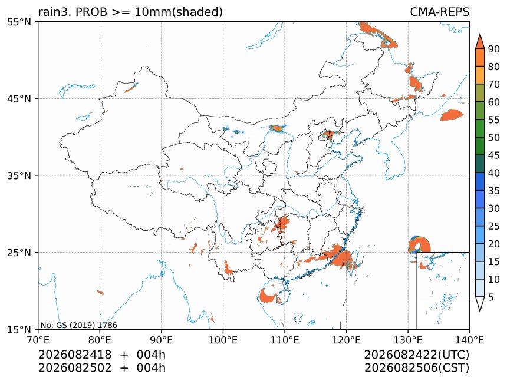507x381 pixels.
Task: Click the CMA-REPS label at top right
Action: (439, 12)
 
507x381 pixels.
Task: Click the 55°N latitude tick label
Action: (19, 22)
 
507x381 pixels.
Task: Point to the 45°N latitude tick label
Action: (19, 99)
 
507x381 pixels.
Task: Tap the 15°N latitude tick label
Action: (19, 329)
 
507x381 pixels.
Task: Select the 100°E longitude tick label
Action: (223, 340)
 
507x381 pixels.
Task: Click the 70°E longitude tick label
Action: (38, 340)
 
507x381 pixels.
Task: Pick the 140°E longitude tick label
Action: (469, 340)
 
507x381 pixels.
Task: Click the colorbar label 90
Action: (494, 49)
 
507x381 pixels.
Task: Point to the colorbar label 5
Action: (491, 297)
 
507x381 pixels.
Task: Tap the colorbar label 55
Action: (494, 120)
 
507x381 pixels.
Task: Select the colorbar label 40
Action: (494, 173)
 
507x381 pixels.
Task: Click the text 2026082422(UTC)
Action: (416, 355)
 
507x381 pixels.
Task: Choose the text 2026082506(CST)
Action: (416, 368)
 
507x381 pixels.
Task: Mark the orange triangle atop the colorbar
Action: (479, 41)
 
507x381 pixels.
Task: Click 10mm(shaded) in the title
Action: (179, 12)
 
